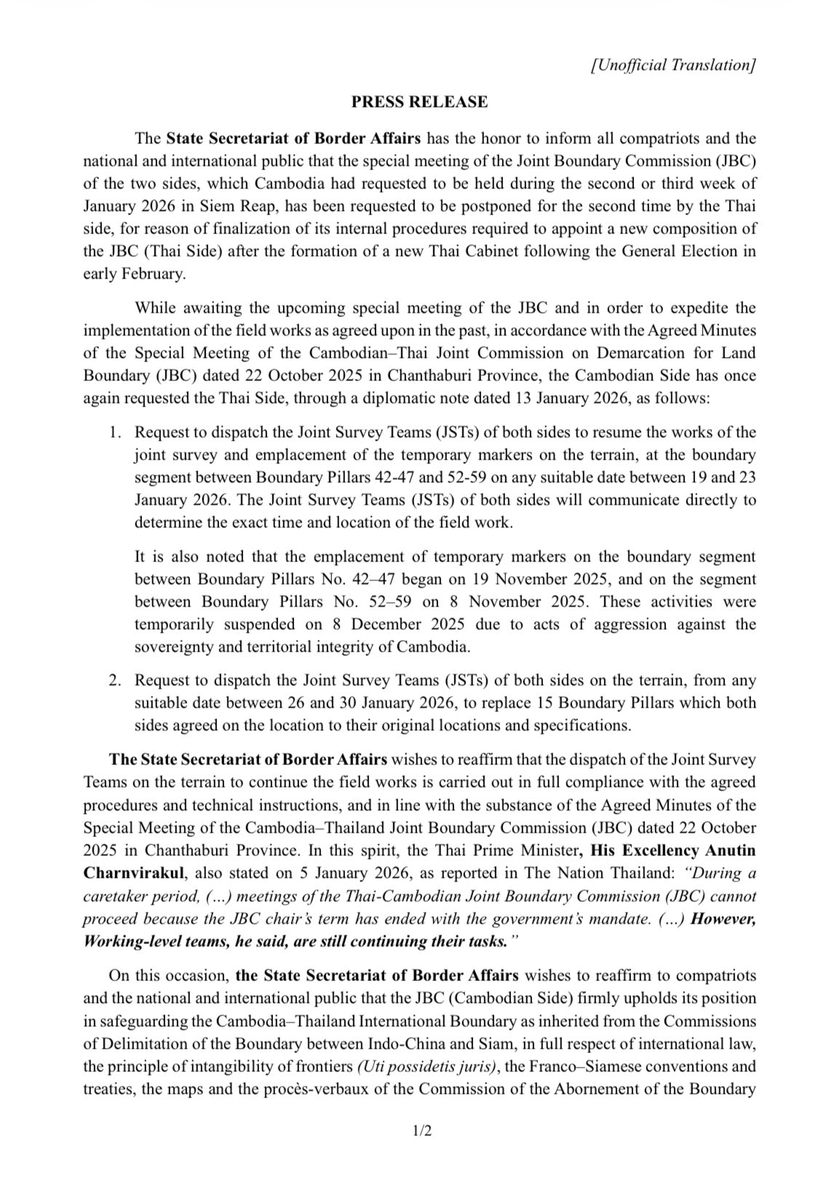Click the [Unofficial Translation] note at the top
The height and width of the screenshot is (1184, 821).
[x=673, y=65]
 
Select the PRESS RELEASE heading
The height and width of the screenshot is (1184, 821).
[x=419, y=102]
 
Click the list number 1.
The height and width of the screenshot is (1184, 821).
[x=114, y=433]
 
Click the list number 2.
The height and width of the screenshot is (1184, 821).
[x=114, y=681]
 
